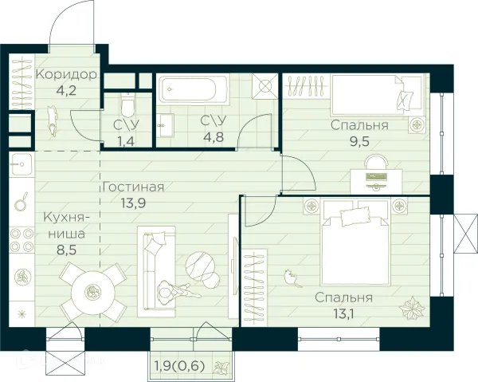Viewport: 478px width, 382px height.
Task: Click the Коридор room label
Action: [x=66, y=75]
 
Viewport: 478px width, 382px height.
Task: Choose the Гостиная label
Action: [x=133, y=188]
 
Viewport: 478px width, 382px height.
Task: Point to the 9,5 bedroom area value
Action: [x=360, y=144]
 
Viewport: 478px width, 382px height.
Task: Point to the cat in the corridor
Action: [x=54, y=121]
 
